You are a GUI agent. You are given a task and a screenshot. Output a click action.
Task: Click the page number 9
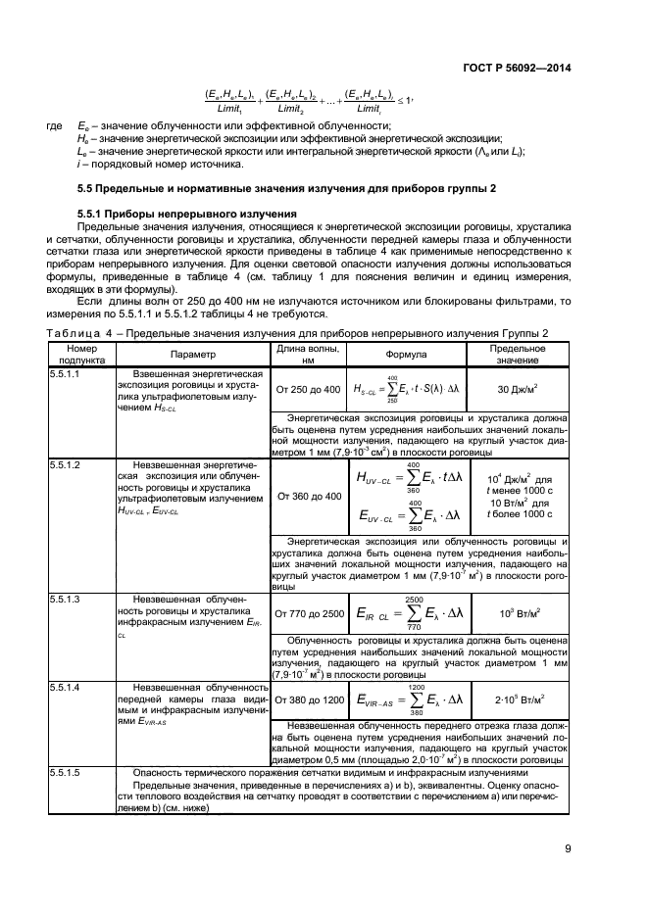click(568, 849)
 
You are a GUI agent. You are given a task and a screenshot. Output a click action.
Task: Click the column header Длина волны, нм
click(307, 355)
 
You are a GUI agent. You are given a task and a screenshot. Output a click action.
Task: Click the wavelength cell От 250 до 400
click(308, 390)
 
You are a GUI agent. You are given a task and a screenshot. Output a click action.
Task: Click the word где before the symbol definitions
click(53, 126)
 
